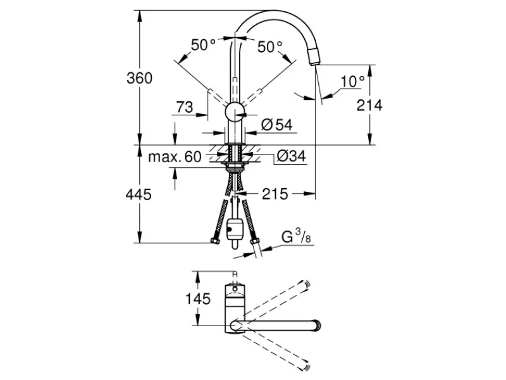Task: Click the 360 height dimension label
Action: pos(139,78)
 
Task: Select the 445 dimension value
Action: pos(139,194)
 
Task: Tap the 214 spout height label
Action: pos(369,105)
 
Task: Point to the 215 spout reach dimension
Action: pos(275,194)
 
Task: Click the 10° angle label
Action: pos(352,82)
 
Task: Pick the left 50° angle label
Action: pos(203,45)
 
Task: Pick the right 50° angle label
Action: pos(270,47)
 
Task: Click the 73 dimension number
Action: pos(185,107)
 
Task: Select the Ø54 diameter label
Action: pos(277,124)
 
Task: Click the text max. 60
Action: pos(175,156)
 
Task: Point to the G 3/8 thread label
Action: pos(296,236)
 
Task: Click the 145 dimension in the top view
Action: pos(198,299)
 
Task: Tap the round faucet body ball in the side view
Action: pos(235,113)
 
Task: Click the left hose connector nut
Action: pos(214,241)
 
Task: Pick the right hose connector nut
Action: pos(255,242)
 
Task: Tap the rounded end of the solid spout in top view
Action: pos(318,326)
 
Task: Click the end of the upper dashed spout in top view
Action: pos(307,284)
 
